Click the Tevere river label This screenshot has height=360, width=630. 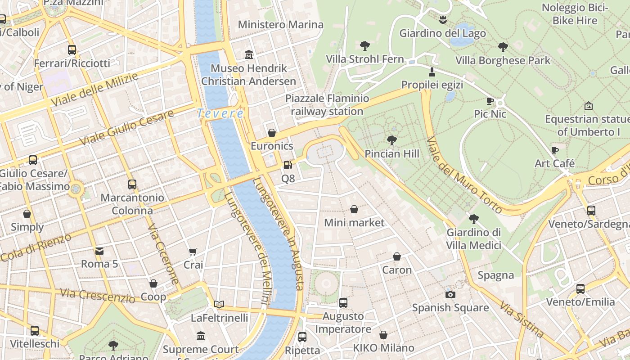220,113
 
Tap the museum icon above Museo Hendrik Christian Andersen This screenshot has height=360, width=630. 248,55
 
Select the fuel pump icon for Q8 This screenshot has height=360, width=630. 288,165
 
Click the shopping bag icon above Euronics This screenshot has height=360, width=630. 271,133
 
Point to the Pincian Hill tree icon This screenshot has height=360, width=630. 392,140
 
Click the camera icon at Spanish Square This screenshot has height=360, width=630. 450,294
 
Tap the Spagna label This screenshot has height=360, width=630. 495,275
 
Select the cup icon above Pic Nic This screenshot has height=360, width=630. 490,101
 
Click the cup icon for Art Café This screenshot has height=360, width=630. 554,150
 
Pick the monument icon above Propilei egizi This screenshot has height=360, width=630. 432,72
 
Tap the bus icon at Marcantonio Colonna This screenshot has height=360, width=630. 132,184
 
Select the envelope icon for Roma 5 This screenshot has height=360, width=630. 99,251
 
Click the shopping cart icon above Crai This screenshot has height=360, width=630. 193,252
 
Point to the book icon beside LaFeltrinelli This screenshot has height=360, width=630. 219,304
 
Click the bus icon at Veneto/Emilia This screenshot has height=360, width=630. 580,288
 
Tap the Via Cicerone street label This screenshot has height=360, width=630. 163,255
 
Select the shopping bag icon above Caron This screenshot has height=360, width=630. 396,256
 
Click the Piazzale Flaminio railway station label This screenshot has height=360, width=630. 327,105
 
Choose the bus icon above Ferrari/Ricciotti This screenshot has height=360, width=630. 72,50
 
